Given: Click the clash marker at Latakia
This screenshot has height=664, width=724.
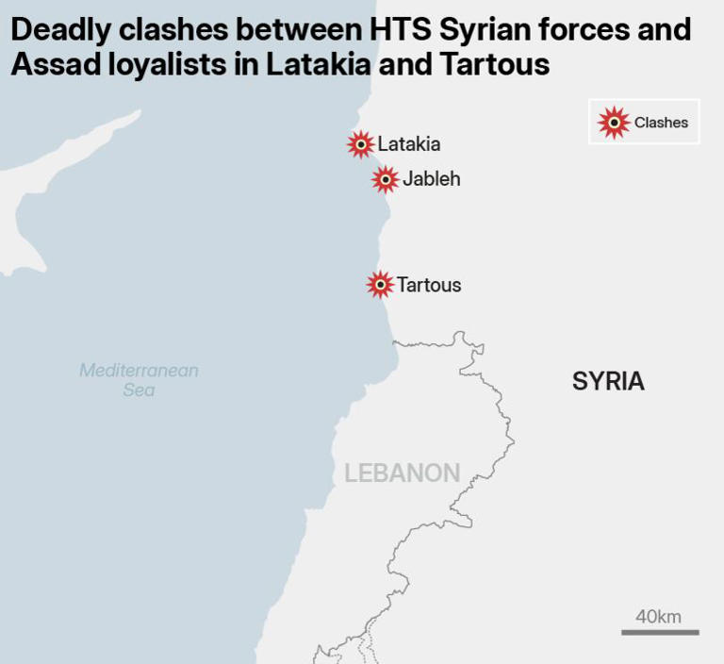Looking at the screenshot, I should tap(360, 144).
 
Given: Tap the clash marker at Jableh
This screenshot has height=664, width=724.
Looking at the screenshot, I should tap(385, 179).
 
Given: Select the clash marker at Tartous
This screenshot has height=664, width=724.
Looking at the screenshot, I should tap(380, 284).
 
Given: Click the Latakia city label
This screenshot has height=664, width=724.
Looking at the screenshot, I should tap(408, 144).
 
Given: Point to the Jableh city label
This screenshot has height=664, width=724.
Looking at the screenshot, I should tap(431, 179).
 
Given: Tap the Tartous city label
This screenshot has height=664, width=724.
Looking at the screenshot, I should tap(429, 285).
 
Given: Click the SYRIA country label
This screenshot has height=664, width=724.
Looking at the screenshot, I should tap(608, 381).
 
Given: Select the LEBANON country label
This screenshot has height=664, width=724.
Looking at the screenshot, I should tap(402, 473).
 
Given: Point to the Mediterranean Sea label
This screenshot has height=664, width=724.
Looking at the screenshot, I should tap(139, 379).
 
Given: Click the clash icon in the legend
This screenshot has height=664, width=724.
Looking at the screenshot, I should tap(614, 122).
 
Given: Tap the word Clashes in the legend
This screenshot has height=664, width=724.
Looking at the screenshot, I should tap(661, 123).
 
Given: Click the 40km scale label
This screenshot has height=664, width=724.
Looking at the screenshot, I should tap(658, 617).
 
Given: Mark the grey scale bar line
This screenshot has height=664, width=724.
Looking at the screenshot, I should tap(660, 632).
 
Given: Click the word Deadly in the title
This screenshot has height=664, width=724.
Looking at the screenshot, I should tap(56, 29).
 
